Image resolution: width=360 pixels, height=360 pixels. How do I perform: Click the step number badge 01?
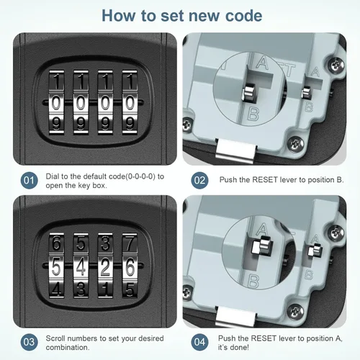[x=29, y=180]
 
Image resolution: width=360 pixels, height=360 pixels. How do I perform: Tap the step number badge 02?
[x=199, y=180]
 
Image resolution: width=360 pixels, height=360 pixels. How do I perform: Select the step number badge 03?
[x=29, y=342]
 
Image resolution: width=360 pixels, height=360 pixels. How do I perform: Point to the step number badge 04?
[x=199, y=342]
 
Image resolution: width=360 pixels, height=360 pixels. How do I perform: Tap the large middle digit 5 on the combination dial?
[x=56, y=267]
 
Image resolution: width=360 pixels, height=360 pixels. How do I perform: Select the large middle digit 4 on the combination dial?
[x=81, y=267]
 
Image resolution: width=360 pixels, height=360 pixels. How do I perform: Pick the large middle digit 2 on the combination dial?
[x=105, y=267]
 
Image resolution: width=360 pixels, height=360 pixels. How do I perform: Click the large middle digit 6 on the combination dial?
[x=130, y=267]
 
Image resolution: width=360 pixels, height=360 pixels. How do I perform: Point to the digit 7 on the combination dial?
[x=130, y=243]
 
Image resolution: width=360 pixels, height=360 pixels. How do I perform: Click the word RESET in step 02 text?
[x=265, y=180]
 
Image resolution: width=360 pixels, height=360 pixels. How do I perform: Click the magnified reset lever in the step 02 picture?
[x=249, y=92]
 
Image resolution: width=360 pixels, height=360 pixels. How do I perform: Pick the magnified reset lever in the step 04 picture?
[x=261, y=246]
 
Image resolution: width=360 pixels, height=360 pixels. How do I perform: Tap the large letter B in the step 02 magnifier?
[x=253, y=114]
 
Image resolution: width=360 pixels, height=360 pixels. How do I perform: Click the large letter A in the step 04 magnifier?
[x=262, y=229]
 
